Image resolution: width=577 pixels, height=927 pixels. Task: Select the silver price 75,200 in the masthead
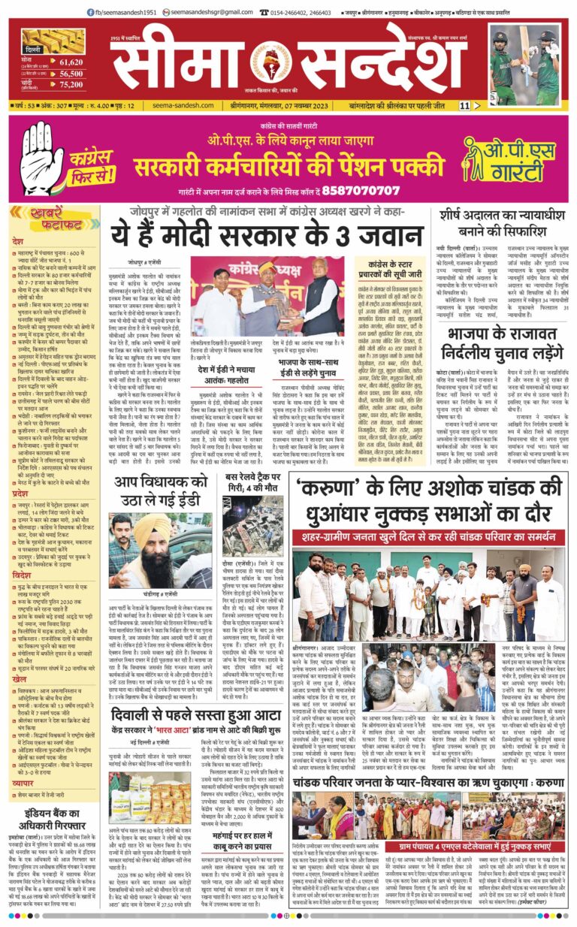tap(71, 84)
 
